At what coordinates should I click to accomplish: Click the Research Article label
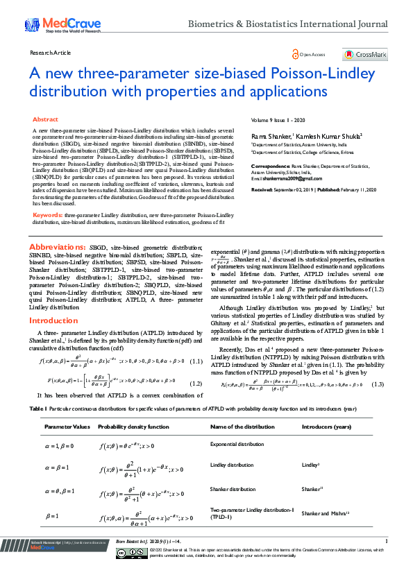pyautogui.click(x=51, y=53)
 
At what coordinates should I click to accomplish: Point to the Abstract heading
pyautogui.click(x=46, y=120)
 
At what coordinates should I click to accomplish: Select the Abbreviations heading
pyautogui.click(x=58, y=247)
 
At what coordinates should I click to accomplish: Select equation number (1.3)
pyautogui.click(x=378, y=384)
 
